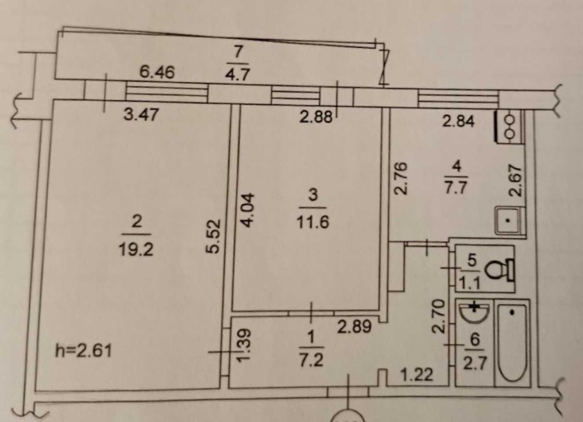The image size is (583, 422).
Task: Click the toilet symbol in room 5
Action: coord(500,270)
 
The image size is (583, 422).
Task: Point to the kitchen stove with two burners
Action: coord(508,126)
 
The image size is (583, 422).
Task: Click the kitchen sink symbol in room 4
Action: coord(510,220)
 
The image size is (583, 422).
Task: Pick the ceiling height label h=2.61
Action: coord(83,350)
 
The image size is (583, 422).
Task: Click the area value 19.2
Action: coord(136,249)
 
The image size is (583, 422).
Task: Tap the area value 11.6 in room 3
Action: coord(312,222)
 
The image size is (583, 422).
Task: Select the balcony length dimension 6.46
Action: coord(157,71)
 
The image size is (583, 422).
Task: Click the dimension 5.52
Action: coord(213,237)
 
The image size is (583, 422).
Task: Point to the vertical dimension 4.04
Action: coord(247,210)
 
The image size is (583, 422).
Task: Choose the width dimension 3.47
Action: coord(141,114)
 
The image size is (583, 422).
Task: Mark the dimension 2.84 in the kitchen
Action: coord(458,121)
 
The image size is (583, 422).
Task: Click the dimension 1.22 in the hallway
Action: coord(417,375)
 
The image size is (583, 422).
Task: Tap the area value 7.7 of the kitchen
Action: coord(456,187)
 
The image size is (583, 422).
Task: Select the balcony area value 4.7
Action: coord(237,74)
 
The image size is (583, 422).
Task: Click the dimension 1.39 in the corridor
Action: coord(244,345)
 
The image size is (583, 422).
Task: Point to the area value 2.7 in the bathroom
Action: coord(475,363)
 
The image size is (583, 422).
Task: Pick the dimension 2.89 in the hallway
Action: coord(354,326)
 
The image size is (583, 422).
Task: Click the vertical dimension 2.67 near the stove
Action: coord(516,181)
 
